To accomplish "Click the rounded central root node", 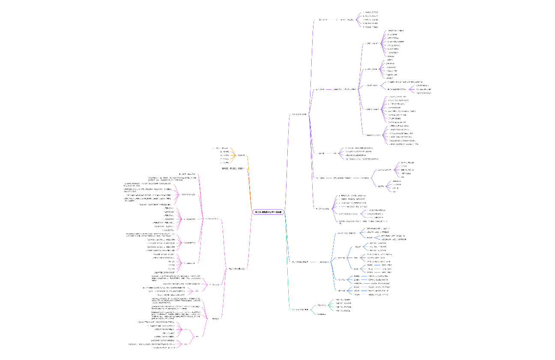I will [x=269, y=212].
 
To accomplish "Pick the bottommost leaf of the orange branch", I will [x=224, y=162].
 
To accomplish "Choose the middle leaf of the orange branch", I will [x=224, y=155].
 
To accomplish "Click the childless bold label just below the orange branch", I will [x=233, y=168].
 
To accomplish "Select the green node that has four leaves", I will [x=322, y=305].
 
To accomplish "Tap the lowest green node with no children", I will [x=321, y=315].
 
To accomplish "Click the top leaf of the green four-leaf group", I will [x=343, y=300].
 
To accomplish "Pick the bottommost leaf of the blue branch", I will [x=378, y=294].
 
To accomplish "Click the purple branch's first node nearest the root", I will [x=299, y=114].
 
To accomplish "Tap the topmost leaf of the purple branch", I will [x=371, y=12].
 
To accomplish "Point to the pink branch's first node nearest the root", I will [x=236, y=269].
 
